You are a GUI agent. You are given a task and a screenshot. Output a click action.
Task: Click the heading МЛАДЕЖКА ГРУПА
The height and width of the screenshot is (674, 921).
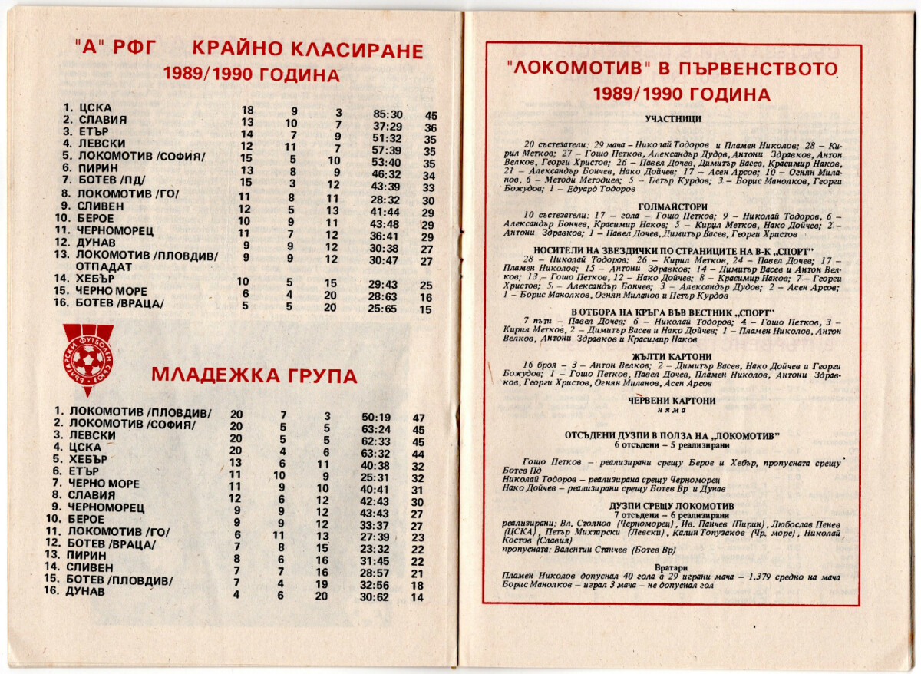[x=254, y=375]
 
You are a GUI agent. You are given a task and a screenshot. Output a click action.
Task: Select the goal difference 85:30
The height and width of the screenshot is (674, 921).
[x=388, y=114]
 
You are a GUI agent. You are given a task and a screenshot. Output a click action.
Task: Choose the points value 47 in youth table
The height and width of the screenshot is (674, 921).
[x=419, y=418]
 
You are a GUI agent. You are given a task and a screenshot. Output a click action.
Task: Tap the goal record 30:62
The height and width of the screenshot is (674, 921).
[x=376, y=596]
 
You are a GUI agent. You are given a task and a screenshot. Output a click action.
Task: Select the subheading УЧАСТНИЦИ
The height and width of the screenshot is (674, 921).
[x=673, y=120]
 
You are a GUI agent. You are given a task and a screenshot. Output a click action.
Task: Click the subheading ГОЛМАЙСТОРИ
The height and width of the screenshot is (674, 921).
[x=673, y=206]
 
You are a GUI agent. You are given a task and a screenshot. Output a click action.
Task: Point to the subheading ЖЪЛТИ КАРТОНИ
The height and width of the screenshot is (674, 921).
[x=673, y=356]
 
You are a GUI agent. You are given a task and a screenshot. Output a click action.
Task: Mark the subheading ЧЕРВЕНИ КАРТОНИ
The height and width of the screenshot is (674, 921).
[x=673, y=400]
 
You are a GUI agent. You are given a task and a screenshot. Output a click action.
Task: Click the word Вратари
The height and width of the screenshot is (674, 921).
[x=673, y=568]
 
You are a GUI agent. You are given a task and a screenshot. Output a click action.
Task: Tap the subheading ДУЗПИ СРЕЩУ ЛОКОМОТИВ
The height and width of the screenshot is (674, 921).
[x=673, y=506]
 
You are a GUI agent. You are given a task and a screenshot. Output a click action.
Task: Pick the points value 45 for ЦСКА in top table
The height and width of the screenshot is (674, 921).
[x=431, y=115]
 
